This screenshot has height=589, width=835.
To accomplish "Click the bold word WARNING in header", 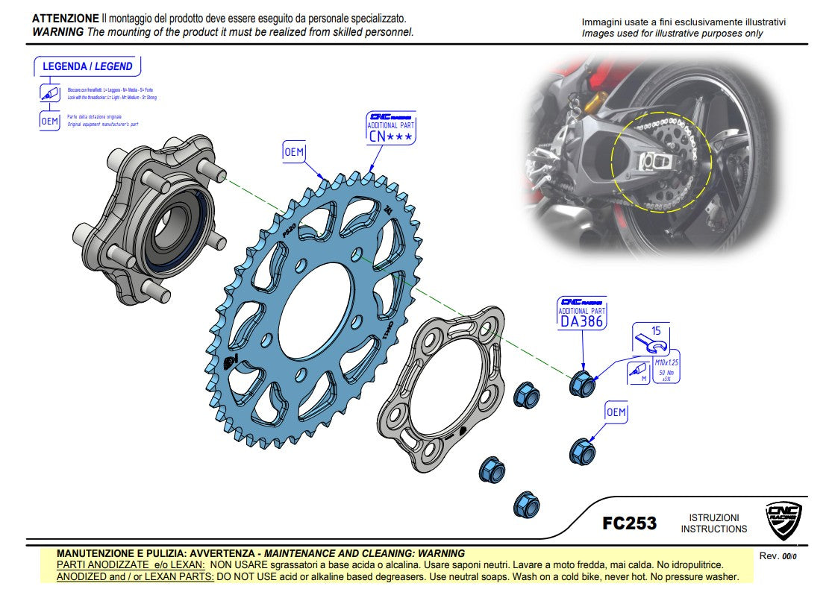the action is coord(57,32).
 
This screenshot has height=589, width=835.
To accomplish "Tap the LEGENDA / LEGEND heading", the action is coord(87,66).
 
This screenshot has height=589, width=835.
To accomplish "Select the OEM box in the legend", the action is coord(49,121).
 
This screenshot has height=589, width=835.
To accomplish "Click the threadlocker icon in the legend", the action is coord(49,94).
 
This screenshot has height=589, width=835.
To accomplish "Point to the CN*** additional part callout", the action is coord(391,128).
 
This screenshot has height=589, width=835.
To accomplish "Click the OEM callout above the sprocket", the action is coord(294,152).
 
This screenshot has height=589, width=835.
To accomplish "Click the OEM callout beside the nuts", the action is coord(616,412).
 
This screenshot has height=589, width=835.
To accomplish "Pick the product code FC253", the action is coord(629,523).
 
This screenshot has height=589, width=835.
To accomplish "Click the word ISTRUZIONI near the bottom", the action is coord(713,517).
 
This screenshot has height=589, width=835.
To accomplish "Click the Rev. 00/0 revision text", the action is coord(778,556).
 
